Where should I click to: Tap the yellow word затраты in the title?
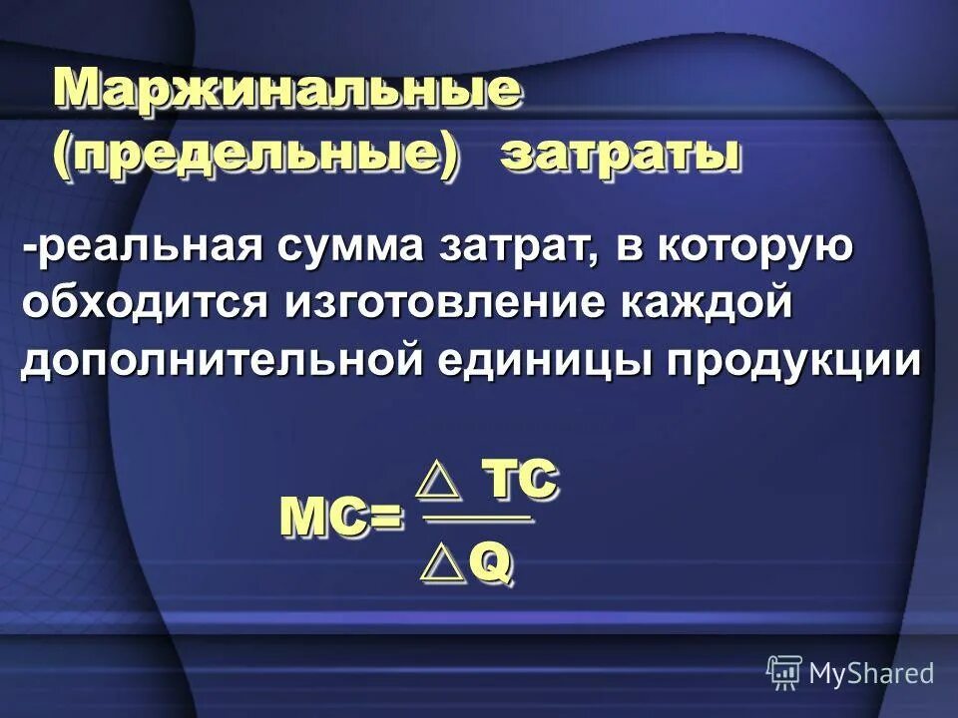point(620,156)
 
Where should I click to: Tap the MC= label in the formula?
point(340,518)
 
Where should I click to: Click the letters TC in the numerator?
point(518,481)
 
